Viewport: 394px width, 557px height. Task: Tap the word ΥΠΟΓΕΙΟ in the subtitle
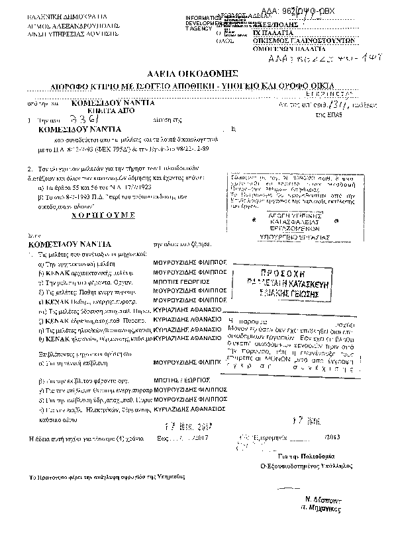point(256,85)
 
